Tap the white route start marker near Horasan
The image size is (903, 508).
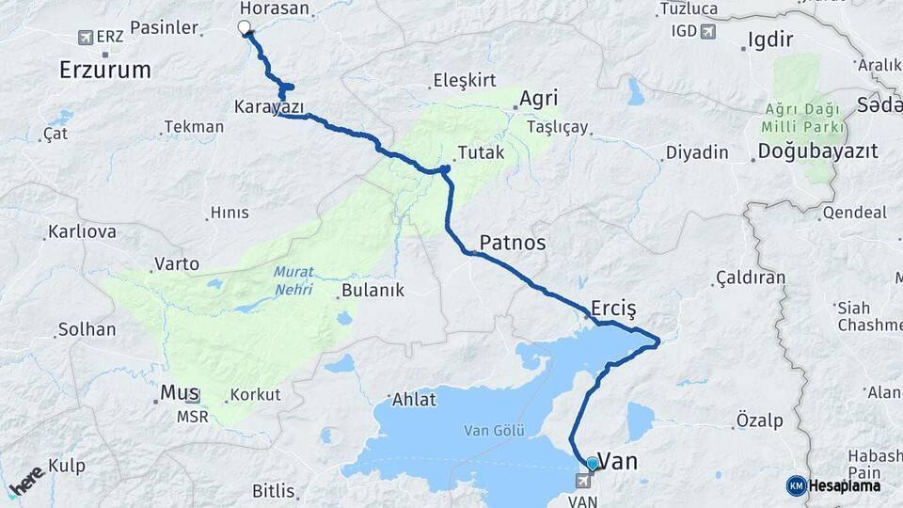[245, 27]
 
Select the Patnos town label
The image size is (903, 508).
[513, 243]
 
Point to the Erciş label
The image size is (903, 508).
[614, 308]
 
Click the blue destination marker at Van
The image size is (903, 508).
[592, 463]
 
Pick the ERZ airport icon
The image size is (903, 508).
[87, 38]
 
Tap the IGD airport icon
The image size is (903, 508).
[707, 31]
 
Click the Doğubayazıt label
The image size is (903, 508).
[817, 151]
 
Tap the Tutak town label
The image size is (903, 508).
[481, 152]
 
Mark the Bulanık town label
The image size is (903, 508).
[372, 291]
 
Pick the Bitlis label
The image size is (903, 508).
[274, 491]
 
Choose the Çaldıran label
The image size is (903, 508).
[750, 278]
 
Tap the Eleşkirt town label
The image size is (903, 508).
[464, 81]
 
